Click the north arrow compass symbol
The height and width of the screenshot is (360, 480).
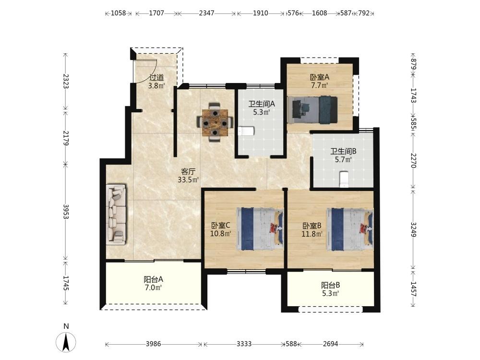click(x=66, y=342)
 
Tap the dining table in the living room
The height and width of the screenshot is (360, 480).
click(x=216, y=122)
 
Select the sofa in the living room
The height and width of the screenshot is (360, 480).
click(x=116, y=214)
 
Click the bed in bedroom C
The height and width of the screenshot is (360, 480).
click(x=260, y=228)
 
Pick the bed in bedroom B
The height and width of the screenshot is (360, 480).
click(x=350, y=228)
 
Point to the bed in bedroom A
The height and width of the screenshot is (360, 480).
click(x=312, y=109)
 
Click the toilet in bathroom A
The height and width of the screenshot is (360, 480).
click(x=246, y=132)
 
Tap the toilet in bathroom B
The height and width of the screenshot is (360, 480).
click(x=344, y=179)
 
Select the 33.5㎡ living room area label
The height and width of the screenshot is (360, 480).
click(x=188, y=180)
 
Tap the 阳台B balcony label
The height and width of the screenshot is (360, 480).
click(x=330, y=285)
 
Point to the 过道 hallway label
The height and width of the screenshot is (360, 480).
click(x=156, y=77)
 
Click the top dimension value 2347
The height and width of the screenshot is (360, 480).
click(x=206, y=13)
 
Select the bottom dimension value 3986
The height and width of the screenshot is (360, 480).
click(x=153, y=344)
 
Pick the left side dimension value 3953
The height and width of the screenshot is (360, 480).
click(x=66, y=212)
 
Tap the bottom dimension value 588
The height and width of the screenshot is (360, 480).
click(x=291, y=344)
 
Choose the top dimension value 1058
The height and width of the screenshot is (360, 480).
click(x=118, y=13)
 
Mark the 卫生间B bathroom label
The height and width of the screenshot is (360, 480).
click(x=343, y=151)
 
